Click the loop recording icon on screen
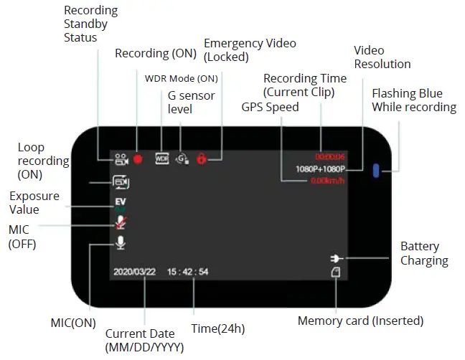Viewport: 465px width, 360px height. [120, 183]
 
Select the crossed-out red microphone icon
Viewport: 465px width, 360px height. [119, 223]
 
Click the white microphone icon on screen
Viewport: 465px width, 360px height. [119, 243]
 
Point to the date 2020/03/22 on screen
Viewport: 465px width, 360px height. [135, 273]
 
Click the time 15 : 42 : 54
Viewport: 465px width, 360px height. [188, 273]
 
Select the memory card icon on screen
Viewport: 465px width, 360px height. [335, 273]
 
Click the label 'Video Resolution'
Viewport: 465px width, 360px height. [382, 57]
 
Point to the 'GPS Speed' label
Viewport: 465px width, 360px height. [271, 107]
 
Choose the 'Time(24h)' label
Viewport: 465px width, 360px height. [217, 328]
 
